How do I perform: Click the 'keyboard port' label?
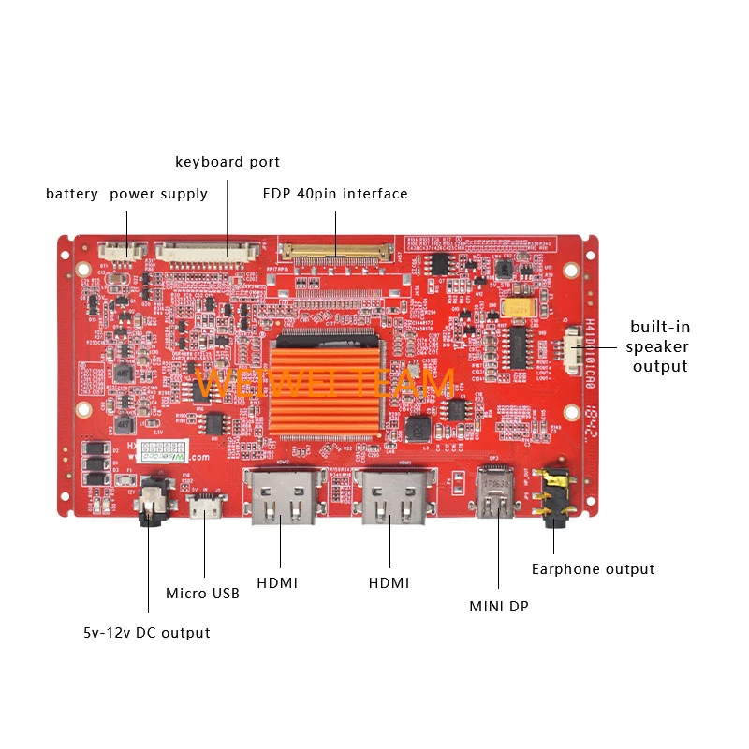[x=228, y=162]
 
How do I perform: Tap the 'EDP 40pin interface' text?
[x=335, y=194]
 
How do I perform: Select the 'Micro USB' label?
[x=202, y=593]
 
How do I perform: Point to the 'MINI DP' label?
[x=499, y=607]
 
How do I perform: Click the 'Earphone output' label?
[x=593, y=569]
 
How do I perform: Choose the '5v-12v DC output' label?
[x=146, y=633]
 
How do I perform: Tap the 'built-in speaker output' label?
[x=660, y=346]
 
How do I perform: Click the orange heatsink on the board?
[x=326, y=384]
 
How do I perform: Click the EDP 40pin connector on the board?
[x=336, y=251]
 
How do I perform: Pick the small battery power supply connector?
[x=124, y=250]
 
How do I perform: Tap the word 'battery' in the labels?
[x=72, y=194]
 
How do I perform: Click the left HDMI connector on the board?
[x=282, y=498]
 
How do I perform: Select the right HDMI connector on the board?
[x=391, y=498]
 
